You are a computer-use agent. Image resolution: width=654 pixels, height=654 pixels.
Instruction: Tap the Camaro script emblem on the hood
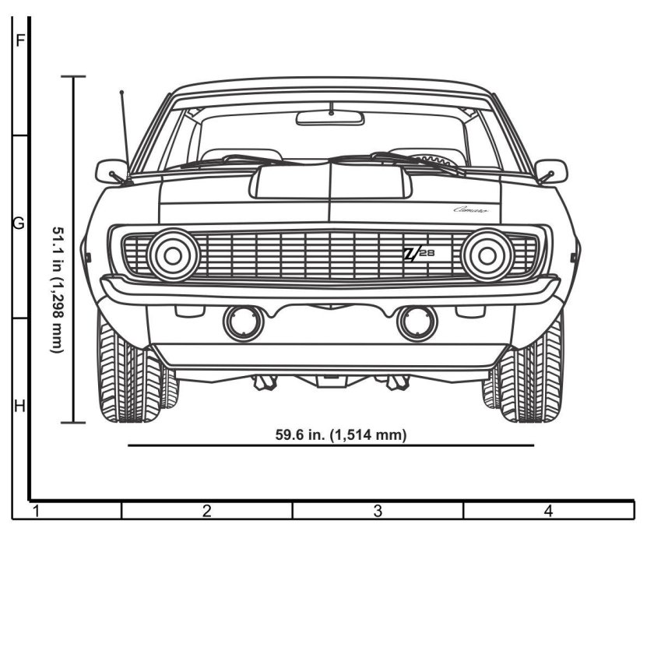pyautogui.click(x=472, y=209)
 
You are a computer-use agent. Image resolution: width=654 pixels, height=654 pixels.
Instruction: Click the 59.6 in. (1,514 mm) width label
pyautogui.click(x=341, y=434)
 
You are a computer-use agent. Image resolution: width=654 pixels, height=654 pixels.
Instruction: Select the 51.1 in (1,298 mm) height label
pyautogui.click(x=57, y=289)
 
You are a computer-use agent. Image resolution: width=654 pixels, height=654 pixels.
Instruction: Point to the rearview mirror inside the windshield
pyautogui.click(x=330, y=118)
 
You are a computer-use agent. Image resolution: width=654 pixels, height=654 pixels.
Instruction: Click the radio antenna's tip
pyautogui.click(x=121, y=93)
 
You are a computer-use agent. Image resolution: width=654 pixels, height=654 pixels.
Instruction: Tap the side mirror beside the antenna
pyautogui.click(x=111, y=171)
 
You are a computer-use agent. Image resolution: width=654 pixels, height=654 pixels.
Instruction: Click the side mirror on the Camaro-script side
pyautogui.click(x=551, y=171)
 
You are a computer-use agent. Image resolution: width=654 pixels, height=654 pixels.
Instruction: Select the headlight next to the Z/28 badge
pyautogui.click(x=487, y=255)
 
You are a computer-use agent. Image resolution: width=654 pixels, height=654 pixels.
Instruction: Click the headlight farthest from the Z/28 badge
pyautogui.click(x=174, y=255)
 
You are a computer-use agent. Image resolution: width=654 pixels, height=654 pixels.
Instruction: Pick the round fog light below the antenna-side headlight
pyautogui.click(x=244, y=323)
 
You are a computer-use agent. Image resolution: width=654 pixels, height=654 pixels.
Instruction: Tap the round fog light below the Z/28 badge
pyautogui.click(x=417, y=323)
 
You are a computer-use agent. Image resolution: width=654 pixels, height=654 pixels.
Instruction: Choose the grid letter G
pyautogui.click(x=19, y=224)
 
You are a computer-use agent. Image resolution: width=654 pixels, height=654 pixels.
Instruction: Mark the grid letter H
pyautogui.click(x=19, y=406)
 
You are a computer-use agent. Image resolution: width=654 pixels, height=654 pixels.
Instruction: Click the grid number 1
pyautogui.click(x=36, y=512)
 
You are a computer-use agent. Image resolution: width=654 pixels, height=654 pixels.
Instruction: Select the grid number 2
pyautogui.click(x=207, y=512)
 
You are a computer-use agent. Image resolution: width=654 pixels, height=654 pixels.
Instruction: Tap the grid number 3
pyautogui.click(x=378, y=512)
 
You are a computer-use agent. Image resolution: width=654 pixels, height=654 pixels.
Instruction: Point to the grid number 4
pyautogui.click(x=549, y=512)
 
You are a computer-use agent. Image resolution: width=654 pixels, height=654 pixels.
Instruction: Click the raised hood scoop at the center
pyautogui.click(x=330, y=181)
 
